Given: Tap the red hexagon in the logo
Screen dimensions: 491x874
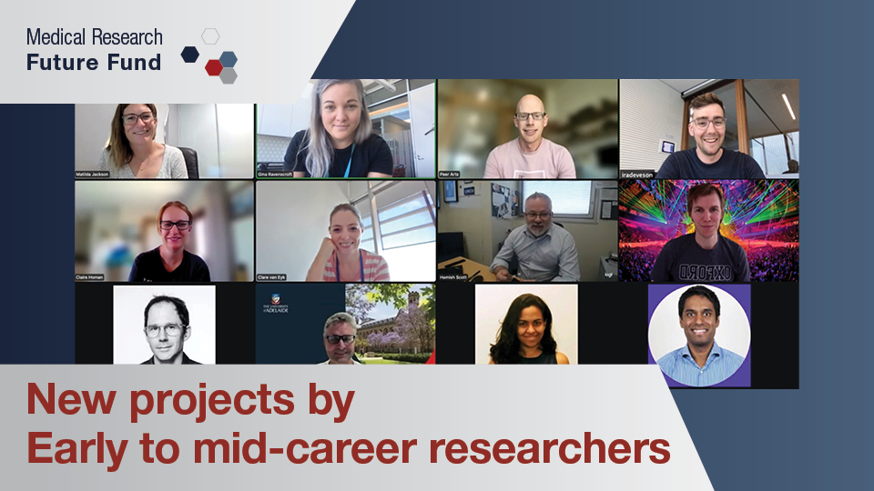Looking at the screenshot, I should click(213, 66).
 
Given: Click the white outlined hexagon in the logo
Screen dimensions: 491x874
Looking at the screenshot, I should click(210, 36).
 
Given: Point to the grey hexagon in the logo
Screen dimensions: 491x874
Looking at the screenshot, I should click(228, 75).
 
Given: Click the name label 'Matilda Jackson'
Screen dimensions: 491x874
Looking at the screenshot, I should click(93, 174).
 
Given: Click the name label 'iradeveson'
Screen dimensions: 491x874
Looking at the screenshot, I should click(637, 174).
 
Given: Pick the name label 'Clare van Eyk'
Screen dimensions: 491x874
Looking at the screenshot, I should click(276, 276).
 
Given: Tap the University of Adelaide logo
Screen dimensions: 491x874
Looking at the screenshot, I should click(278, 304).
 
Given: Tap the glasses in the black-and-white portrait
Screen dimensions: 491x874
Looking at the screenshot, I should click(165, 328).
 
